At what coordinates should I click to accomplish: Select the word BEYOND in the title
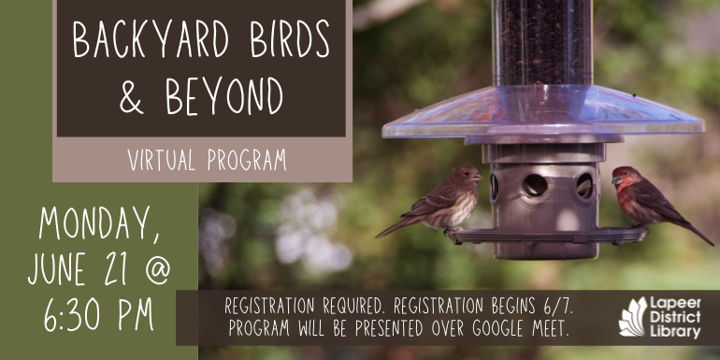225,95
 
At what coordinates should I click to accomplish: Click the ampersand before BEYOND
132,97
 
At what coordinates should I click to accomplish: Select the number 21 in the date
117,270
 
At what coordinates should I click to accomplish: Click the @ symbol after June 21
155,271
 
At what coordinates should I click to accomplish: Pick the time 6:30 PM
98,316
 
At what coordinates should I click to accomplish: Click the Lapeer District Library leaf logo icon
632,317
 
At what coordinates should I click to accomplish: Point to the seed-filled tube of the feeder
542,42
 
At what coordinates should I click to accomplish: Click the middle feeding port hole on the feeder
534,185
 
